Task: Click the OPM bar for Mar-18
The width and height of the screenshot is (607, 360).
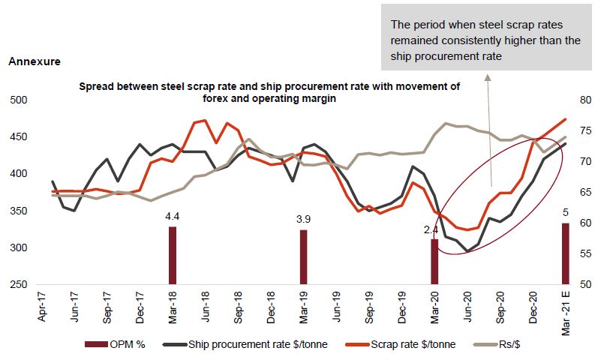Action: point(173,255)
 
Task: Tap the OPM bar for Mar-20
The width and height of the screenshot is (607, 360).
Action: point(434,262)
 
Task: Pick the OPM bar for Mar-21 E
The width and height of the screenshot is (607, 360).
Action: point(565,253)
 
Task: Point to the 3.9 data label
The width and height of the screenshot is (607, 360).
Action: point(303,220)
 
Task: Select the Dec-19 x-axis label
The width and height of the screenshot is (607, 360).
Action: point(401,307)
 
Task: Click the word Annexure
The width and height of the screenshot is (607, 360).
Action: point(34,61)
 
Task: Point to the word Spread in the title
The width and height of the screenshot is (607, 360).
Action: point(97,86)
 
